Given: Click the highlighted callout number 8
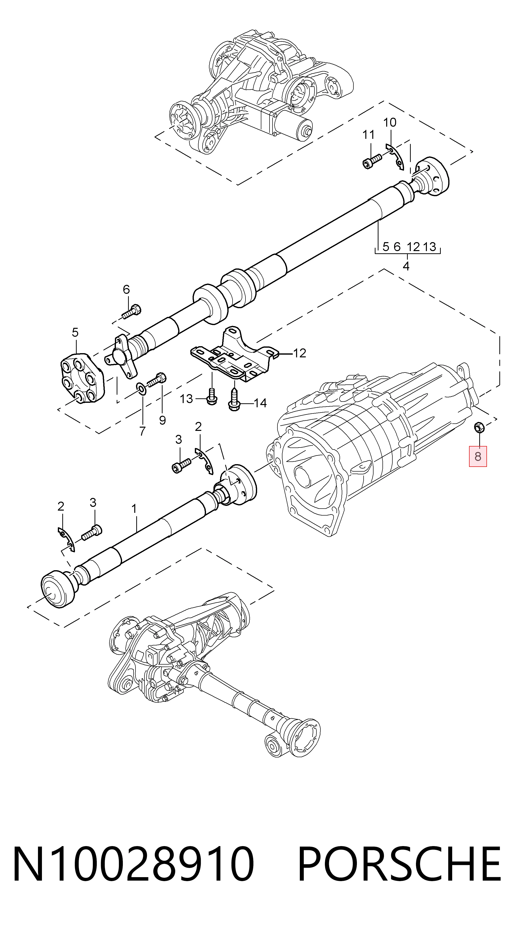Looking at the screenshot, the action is (x=478, y=456).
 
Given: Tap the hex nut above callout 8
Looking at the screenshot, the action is (x=479, y=428).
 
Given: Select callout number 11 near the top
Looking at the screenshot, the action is (x=369, y=135).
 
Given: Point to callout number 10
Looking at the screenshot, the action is (x=390, y=123).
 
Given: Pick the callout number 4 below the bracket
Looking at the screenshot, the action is (x=406, y=266).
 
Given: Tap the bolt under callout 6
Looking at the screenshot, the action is (x=131, y=311).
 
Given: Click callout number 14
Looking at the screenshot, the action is (x=260, y=403).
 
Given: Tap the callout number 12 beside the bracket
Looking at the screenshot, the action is (x=299, y=353).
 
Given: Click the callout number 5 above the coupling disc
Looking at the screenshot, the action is (x=75, y=332).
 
